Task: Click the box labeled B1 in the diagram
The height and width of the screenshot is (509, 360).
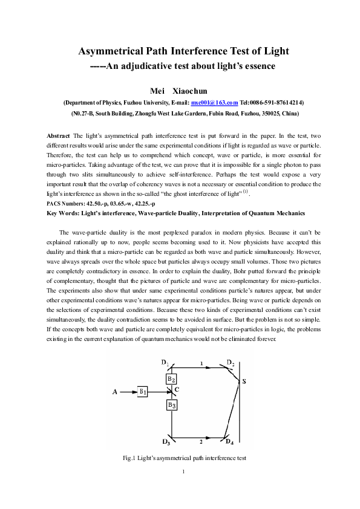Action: click(143, 392)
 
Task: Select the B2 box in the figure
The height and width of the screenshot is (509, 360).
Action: click(171, 379)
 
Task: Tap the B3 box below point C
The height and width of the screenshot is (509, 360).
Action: click(172, 404)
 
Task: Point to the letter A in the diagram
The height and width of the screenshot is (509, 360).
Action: click(114, 392)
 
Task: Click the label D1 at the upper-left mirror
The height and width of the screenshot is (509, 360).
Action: click(165, 362)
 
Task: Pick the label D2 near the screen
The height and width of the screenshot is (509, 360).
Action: click(230, 363)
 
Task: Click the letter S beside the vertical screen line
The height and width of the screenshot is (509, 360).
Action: click(244, 381)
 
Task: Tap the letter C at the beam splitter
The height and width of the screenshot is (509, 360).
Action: click(177, 390)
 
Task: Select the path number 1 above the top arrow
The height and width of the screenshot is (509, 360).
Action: click(201, 363)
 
